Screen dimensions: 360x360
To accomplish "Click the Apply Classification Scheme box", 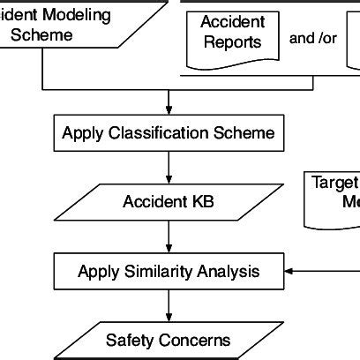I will [168, 134].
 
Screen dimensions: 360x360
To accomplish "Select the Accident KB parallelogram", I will [168, 202].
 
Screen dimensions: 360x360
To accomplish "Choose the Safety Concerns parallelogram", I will [168, 340].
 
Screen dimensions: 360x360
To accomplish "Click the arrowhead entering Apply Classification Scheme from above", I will [168, 110].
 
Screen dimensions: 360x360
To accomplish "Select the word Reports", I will [231, 42].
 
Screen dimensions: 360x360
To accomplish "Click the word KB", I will [202, 202].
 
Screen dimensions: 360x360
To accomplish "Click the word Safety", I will [129, 340].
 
